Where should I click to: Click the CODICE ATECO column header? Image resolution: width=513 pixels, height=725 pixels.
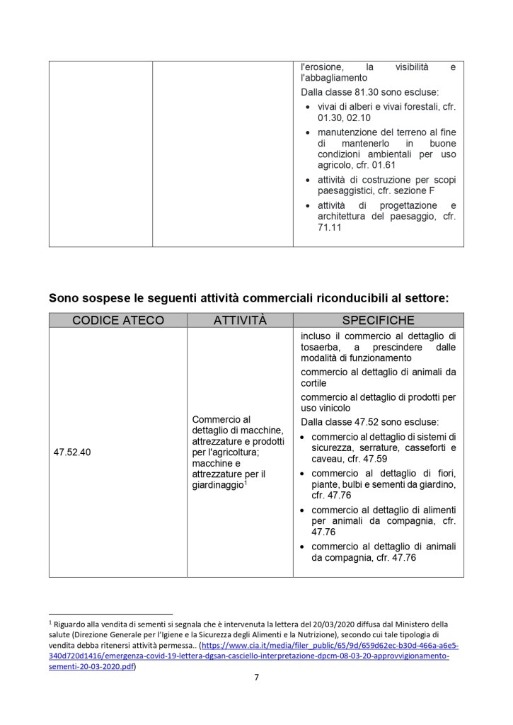(x=118, y=320)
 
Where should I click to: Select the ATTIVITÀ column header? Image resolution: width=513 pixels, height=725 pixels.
(x=240, y=320)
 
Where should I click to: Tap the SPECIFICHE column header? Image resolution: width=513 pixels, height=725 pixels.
(x=378, y=320)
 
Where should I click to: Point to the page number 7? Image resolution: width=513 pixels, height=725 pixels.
(x=256, y=678)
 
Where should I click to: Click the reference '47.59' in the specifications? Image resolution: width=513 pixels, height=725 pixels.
(x=378, y=459)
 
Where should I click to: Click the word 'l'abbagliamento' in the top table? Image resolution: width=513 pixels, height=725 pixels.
(x=334, y=77)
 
